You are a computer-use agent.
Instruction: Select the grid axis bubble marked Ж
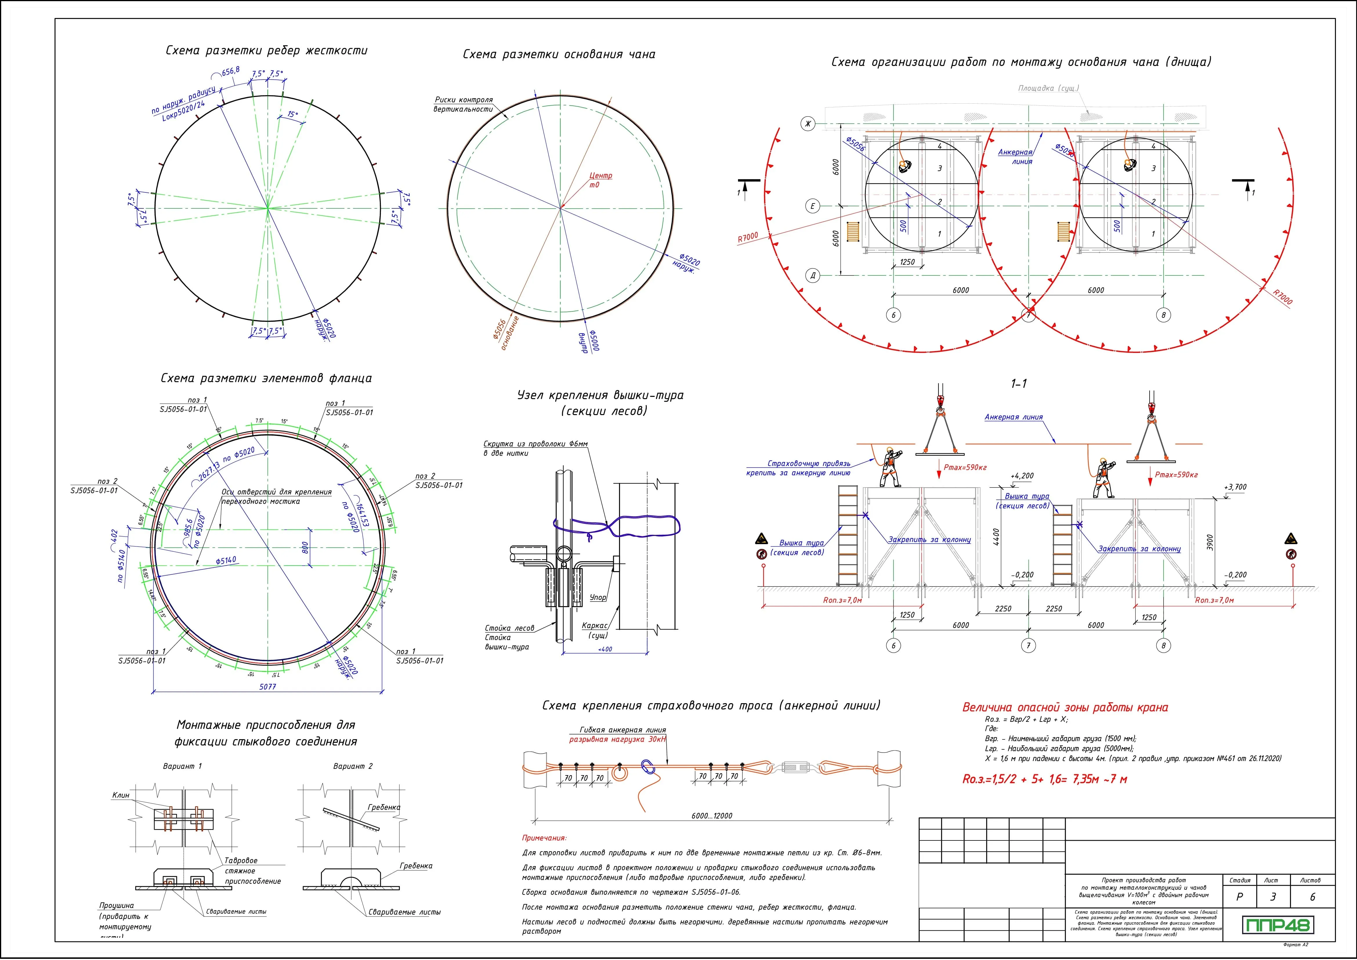point(806,124)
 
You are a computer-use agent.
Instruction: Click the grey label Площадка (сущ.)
point(1048,89)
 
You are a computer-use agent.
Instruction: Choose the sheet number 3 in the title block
point(1273,897)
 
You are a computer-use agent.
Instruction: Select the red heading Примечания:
point(544,838)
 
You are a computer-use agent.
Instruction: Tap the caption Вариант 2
point(353,766)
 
